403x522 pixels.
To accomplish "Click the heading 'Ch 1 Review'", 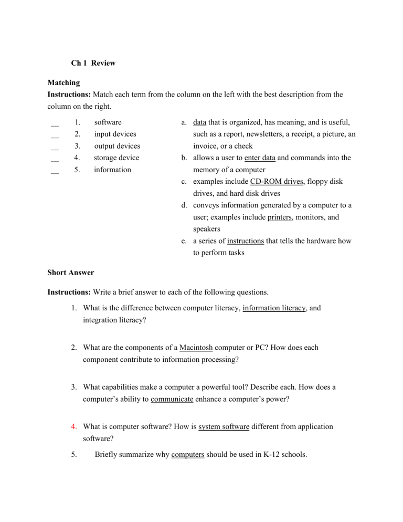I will tap(93, 63).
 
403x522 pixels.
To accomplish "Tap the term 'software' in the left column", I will tap(108, 122).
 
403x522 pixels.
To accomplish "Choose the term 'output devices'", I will tap(117, 146).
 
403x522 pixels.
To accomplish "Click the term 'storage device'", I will tap(116, 158).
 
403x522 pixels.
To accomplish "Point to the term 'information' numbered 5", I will tap(112, 170).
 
